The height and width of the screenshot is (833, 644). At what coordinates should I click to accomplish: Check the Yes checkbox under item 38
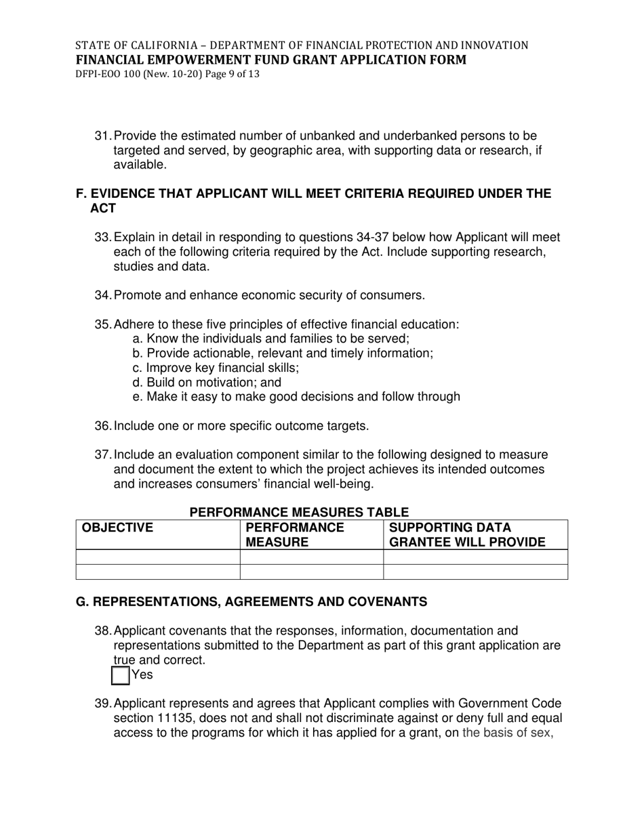tap(120, 675)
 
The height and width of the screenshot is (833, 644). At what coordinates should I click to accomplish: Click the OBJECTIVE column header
tap(117, 528)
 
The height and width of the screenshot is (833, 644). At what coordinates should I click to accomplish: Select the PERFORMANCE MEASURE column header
tap(294, 534)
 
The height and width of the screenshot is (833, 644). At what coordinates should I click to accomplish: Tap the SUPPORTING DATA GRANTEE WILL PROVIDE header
tap(467, 534)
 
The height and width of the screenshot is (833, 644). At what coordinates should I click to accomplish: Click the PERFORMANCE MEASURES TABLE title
tap(299, 513)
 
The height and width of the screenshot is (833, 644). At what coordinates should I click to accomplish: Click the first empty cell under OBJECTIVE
tap(158, 557)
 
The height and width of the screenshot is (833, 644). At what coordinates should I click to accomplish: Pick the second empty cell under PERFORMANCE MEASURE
tap(311, 572)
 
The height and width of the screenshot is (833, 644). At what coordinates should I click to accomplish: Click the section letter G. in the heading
tap(82, 602)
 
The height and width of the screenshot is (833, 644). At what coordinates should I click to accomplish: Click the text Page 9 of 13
tap(227, 74)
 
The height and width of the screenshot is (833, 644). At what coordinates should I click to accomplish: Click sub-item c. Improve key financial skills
tap(216, 368)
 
